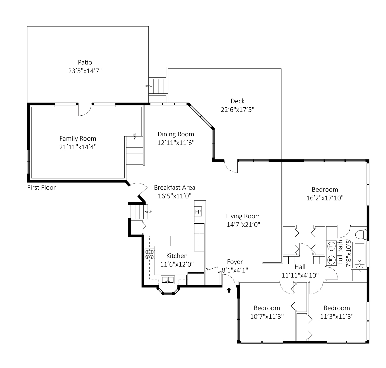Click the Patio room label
(x=85, y=62)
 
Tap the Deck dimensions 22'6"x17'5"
(x=237, y=109)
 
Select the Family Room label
(x=78, y=138)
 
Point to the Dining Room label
(x=176, y=134)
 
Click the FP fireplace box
(x=198, y=212)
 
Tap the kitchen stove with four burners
(x=149, y=254)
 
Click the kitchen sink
(x=168, y=280)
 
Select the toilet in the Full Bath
(x=361, y=235)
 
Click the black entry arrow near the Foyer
(x=229, y=290)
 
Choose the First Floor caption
(x=42, y=188)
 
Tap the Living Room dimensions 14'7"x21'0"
(x=243, y=225)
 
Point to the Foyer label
(x=235, y=262)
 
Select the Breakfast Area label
(x=175, y=188)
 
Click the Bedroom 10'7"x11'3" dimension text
(x=267, y=316)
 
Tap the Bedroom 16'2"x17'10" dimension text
(x=325, y=198)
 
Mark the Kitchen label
(x=177, y=256)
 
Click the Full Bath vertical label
(x=340, y=252)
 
